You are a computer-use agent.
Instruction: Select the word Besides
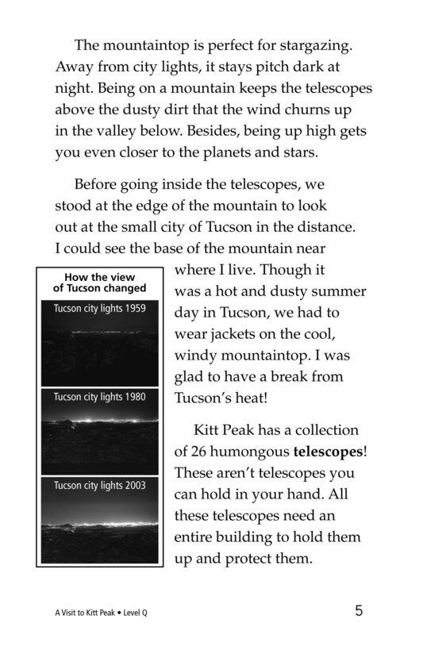[x=221, y=129]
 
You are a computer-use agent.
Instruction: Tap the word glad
[x=190, y=377]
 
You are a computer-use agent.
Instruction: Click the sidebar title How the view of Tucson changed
[x=99, y=283]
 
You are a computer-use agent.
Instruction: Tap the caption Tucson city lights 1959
[x=99, y=308]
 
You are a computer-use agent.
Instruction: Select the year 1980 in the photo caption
[x=131, y=396]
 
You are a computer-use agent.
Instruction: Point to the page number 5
[x=360, y=611]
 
